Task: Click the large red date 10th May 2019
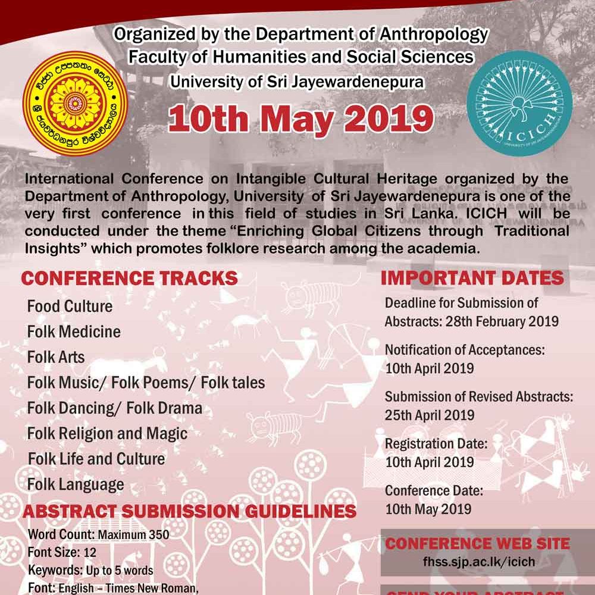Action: (300, 118)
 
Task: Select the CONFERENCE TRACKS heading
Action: (129, 278)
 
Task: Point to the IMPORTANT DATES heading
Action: (472, 278)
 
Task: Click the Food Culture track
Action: (70, 306)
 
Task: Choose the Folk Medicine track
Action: (74, 331)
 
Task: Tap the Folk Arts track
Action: (56, 357)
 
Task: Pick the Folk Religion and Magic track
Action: (107, 433)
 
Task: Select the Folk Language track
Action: (76, 484)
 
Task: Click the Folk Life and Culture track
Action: (96, 459)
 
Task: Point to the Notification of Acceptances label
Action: (465, 350)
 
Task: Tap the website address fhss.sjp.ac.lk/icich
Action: (477, 562)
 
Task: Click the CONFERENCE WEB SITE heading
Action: (478, 543)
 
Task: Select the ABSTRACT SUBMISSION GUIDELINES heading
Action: (189, 511)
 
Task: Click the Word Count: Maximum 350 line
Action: (98, 534)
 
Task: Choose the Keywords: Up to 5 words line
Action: (90, 570)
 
